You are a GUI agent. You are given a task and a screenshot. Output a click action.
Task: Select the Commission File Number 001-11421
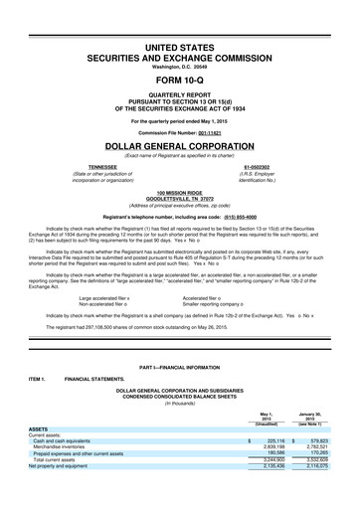click(x=221, y=130)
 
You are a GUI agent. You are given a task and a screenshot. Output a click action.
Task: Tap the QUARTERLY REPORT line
click(x=180, y=96)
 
